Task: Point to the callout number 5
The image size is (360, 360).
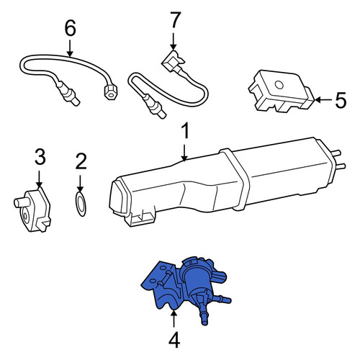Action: click(x=341, y=100)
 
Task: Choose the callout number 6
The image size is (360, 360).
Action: click(x=70, y=27)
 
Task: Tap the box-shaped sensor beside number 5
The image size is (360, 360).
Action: click(x=282, y=91)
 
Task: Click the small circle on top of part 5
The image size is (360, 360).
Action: click(x=279, y=85)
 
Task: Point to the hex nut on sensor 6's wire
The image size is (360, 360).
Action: click(x=110, y=92)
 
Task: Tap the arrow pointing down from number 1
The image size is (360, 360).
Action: click(x=184, y=153)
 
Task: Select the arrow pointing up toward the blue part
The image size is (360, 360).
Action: click(x=174, y=318)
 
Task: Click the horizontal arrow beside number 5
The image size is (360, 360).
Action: click(x=323, y=100)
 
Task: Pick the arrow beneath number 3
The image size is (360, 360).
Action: click(x=39, y=179)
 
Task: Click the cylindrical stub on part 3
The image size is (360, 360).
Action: click(x=21, y=202)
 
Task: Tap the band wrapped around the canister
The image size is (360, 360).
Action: click(x=235, y=179)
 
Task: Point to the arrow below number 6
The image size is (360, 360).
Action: click(x=70, y=48)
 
